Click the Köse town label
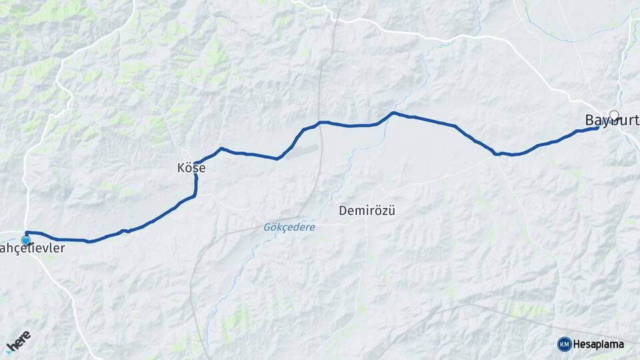pyautogui.click(x=191, y=169)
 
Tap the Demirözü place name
pyautogui.click(x=367, y=211)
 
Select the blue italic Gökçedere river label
pyautogui.click(x=288, y=227)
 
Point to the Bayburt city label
pyautogui.click(x=611, y=120)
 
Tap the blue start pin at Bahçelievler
pyautogui.click(x=26, y=240)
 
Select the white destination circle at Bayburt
pyautogui.click(x=614, y=115)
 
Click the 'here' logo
pyautogui.click(x=18, y=339)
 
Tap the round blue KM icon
pyautogui.click(x=564, y=344)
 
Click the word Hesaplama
pyautogui.click(x=598, y=344)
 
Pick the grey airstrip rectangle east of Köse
pyautogui.click(x=303, y=150)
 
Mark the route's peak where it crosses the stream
pyautogui.click(x=393, y=113)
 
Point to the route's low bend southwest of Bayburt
pyautogui.click(x=497, y=154)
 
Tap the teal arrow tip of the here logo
pyautogui.click(x=10, y=349)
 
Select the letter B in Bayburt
pyautogui.click(x=589, y=120)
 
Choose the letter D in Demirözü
pyautogui.click(x=343, y=211)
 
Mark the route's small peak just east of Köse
pyautogui.click(x=221, y=148)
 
